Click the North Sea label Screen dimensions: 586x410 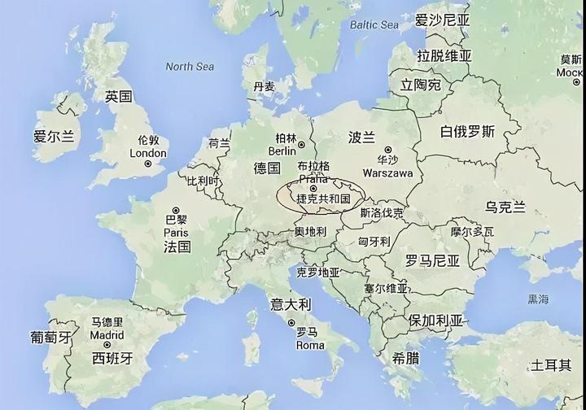pos(190,66)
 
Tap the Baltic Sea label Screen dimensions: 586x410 pos(374,25)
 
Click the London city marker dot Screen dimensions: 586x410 pos(148,164)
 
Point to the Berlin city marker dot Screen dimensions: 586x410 pos(300,145)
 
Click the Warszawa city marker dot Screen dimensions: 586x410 pos(388,150)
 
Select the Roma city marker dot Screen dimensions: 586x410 pos(291,323)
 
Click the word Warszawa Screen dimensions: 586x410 pos(389,173)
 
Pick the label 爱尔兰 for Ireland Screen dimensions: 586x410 pos(54,137)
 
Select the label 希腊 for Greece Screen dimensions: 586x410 pos(407,358)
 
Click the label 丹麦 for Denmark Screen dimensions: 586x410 pos(264,86)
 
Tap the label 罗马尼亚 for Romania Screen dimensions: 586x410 pos(433,261)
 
